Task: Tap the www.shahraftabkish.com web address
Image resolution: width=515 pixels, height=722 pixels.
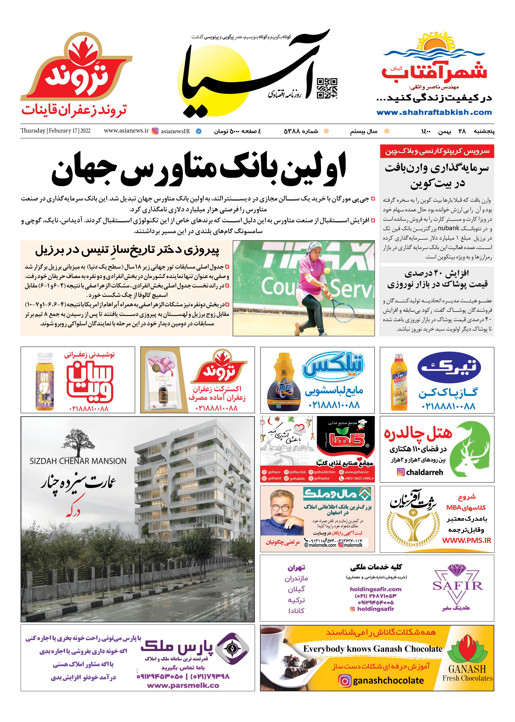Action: click(434, 112)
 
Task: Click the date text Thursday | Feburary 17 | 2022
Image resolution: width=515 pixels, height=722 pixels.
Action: click(55, 131)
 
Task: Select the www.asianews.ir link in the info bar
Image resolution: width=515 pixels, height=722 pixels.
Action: click(126, 131)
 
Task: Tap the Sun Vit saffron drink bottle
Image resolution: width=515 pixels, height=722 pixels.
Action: click(45, 381)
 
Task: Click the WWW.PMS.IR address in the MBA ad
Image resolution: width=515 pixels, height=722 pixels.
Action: click(467, 540)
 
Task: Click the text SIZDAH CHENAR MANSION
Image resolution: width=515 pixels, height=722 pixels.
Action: click(78, 461)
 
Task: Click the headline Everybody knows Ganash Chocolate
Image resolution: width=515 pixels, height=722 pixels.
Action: click(373, 649)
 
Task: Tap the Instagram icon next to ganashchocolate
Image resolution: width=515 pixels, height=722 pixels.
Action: click(345, 681)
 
